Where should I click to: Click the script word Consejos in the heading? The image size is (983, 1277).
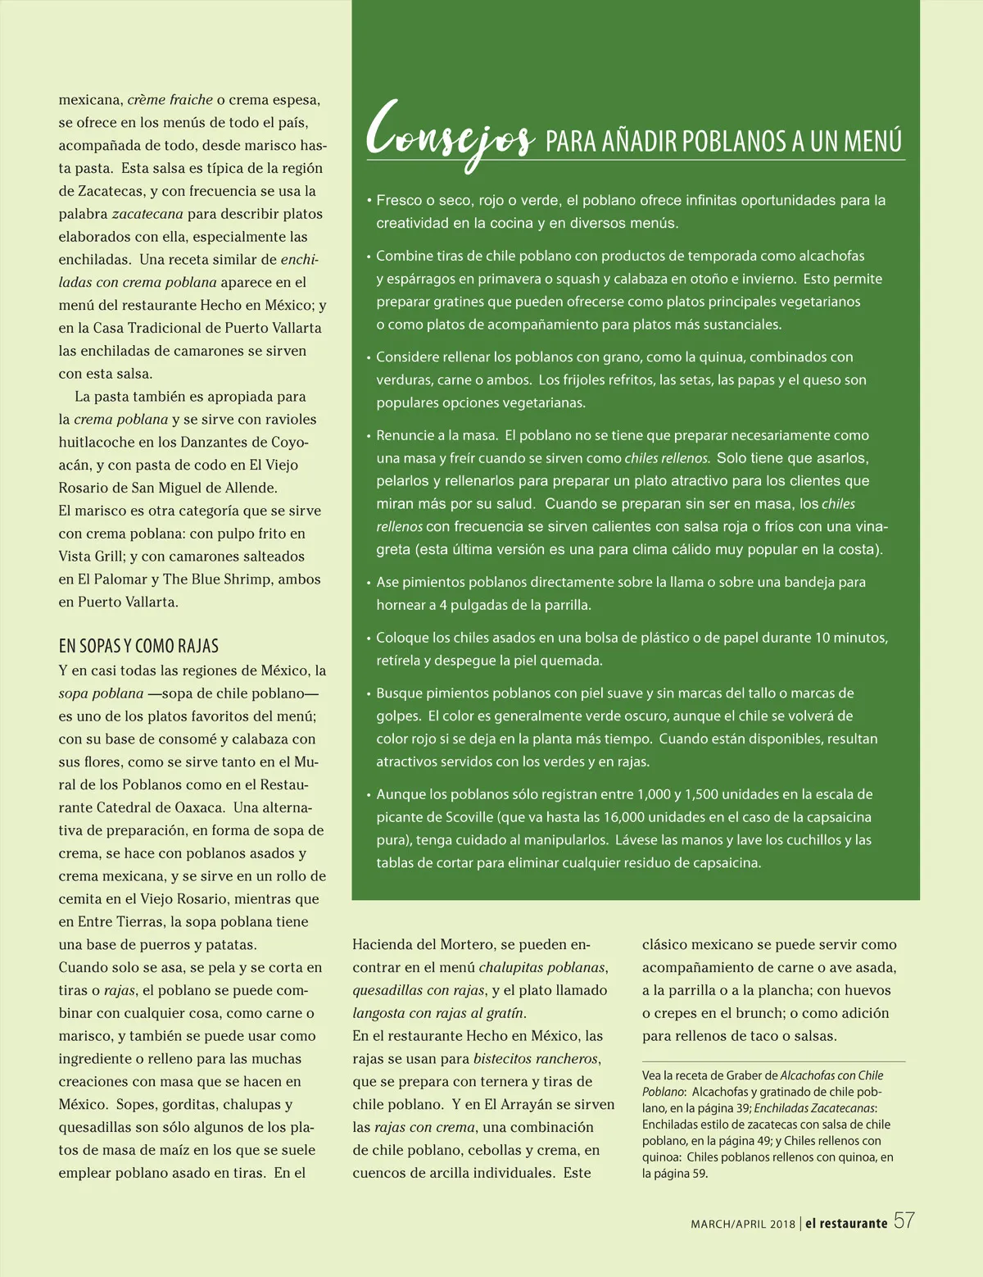[x=450, y=135]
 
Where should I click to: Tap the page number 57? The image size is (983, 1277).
[x=904, y=1221]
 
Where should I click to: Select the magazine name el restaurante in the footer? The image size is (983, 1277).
[x=846, y=1223]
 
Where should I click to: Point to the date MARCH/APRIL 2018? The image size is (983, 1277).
[x=743, y=1224]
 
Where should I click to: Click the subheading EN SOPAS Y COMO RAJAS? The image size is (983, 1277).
[x=138, y=646]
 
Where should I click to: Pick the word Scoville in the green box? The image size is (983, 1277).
[x=469, y=817]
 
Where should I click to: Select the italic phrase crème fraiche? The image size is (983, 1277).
[x=170, y=100]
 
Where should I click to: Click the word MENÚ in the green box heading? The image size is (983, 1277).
[x=872, y=141]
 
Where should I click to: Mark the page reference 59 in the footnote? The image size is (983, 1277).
[x=699, y=1174]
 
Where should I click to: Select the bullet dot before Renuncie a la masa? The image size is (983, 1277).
[x=369, y=436]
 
